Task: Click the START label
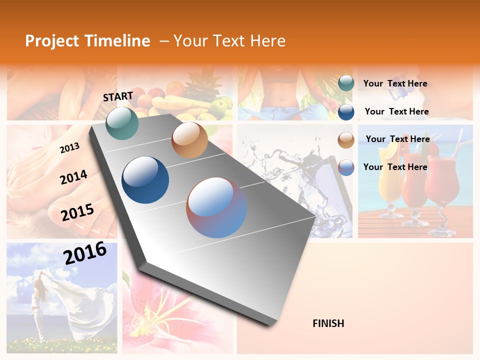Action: (118, 96)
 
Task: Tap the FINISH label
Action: (328, 323)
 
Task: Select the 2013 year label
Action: (69, 148)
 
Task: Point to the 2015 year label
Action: (77, 212)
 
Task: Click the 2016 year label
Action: (85, 252)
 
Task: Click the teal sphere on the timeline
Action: (122, 123)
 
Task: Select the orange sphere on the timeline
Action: (189, 140)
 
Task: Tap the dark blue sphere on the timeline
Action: (145, 180)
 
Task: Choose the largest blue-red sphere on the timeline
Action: (216, 207)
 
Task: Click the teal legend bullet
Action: (346, 83)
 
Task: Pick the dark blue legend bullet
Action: (346, 112)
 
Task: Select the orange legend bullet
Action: (346, 140)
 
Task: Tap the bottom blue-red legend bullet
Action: (346, 167)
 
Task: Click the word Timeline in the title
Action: (118, 41)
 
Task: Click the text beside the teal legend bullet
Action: (395, 83)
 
